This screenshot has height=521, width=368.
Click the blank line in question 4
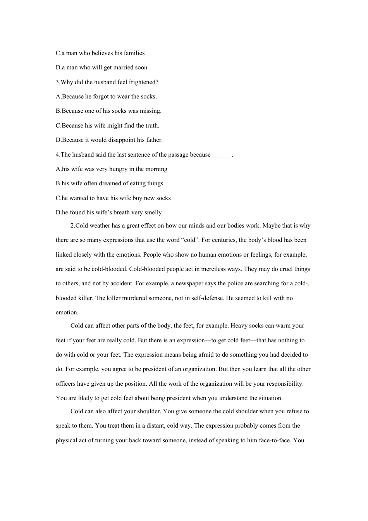point(220,155)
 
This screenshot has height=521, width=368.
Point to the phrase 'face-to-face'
point(273,440)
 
